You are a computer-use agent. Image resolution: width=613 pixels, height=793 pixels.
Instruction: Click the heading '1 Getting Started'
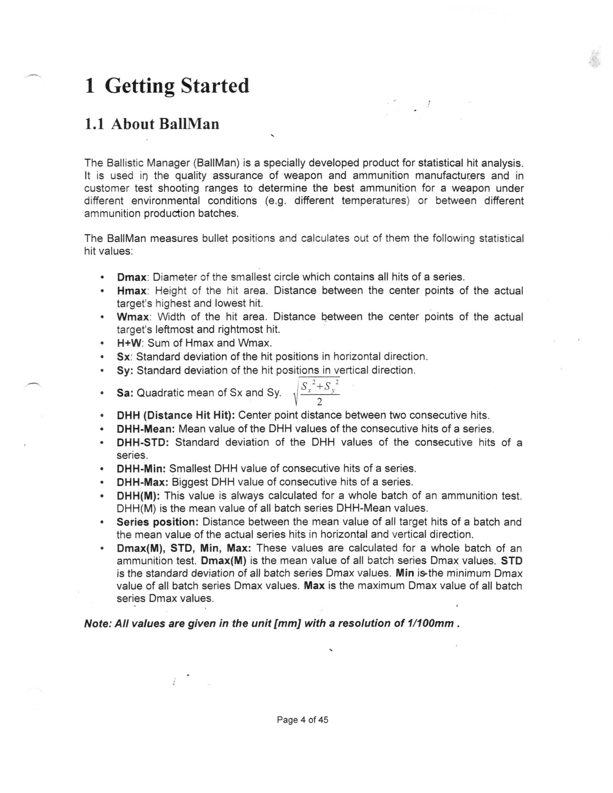167,86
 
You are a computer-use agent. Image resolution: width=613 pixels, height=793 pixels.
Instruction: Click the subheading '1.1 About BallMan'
152,124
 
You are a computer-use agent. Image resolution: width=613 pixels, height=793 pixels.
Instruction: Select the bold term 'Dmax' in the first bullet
132,277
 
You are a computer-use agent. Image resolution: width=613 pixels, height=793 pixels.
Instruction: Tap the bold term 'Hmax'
132,291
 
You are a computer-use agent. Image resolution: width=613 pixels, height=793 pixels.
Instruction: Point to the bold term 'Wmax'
133,317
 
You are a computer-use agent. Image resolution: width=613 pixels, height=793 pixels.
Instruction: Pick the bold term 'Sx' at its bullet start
123,357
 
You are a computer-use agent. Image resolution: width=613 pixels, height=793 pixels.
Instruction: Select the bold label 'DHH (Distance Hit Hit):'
176,415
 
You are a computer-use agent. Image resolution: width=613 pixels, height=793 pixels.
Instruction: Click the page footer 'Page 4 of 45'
302,720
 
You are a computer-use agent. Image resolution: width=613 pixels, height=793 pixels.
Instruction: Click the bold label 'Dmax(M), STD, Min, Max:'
184,548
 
